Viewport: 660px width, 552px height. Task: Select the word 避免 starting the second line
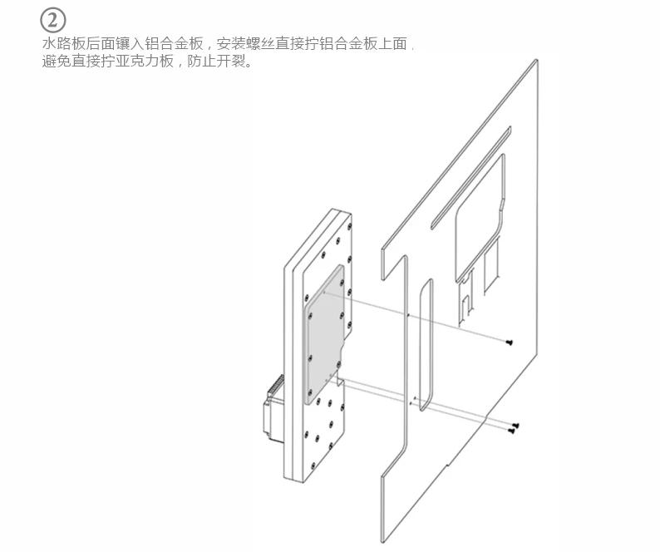pos(55,62)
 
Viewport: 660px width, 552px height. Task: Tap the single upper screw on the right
pos(508,341)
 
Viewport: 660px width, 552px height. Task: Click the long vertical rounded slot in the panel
pos(423,345)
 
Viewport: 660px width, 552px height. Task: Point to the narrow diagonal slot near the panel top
pos(470,175)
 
